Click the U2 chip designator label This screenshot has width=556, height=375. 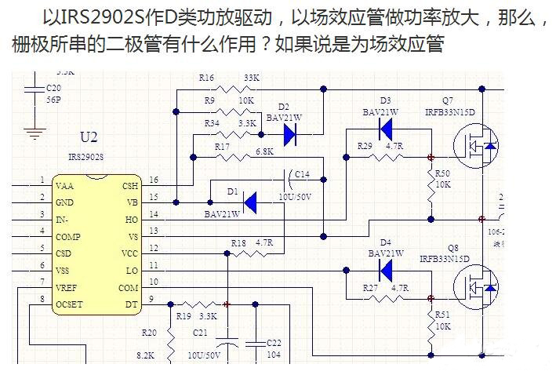click(x=89, y=137)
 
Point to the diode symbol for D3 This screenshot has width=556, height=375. click(x=384, y=130)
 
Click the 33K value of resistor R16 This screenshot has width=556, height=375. click(x=252, y=78)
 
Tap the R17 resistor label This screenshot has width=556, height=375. click(x=222, y=146)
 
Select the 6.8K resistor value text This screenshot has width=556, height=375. click(x=264, y=151)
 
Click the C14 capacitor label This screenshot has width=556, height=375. click(x=301, y=174)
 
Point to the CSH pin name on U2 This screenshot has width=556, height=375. click(x=129, y=186)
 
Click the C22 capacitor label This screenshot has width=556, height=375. click(x=274, y=343)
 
